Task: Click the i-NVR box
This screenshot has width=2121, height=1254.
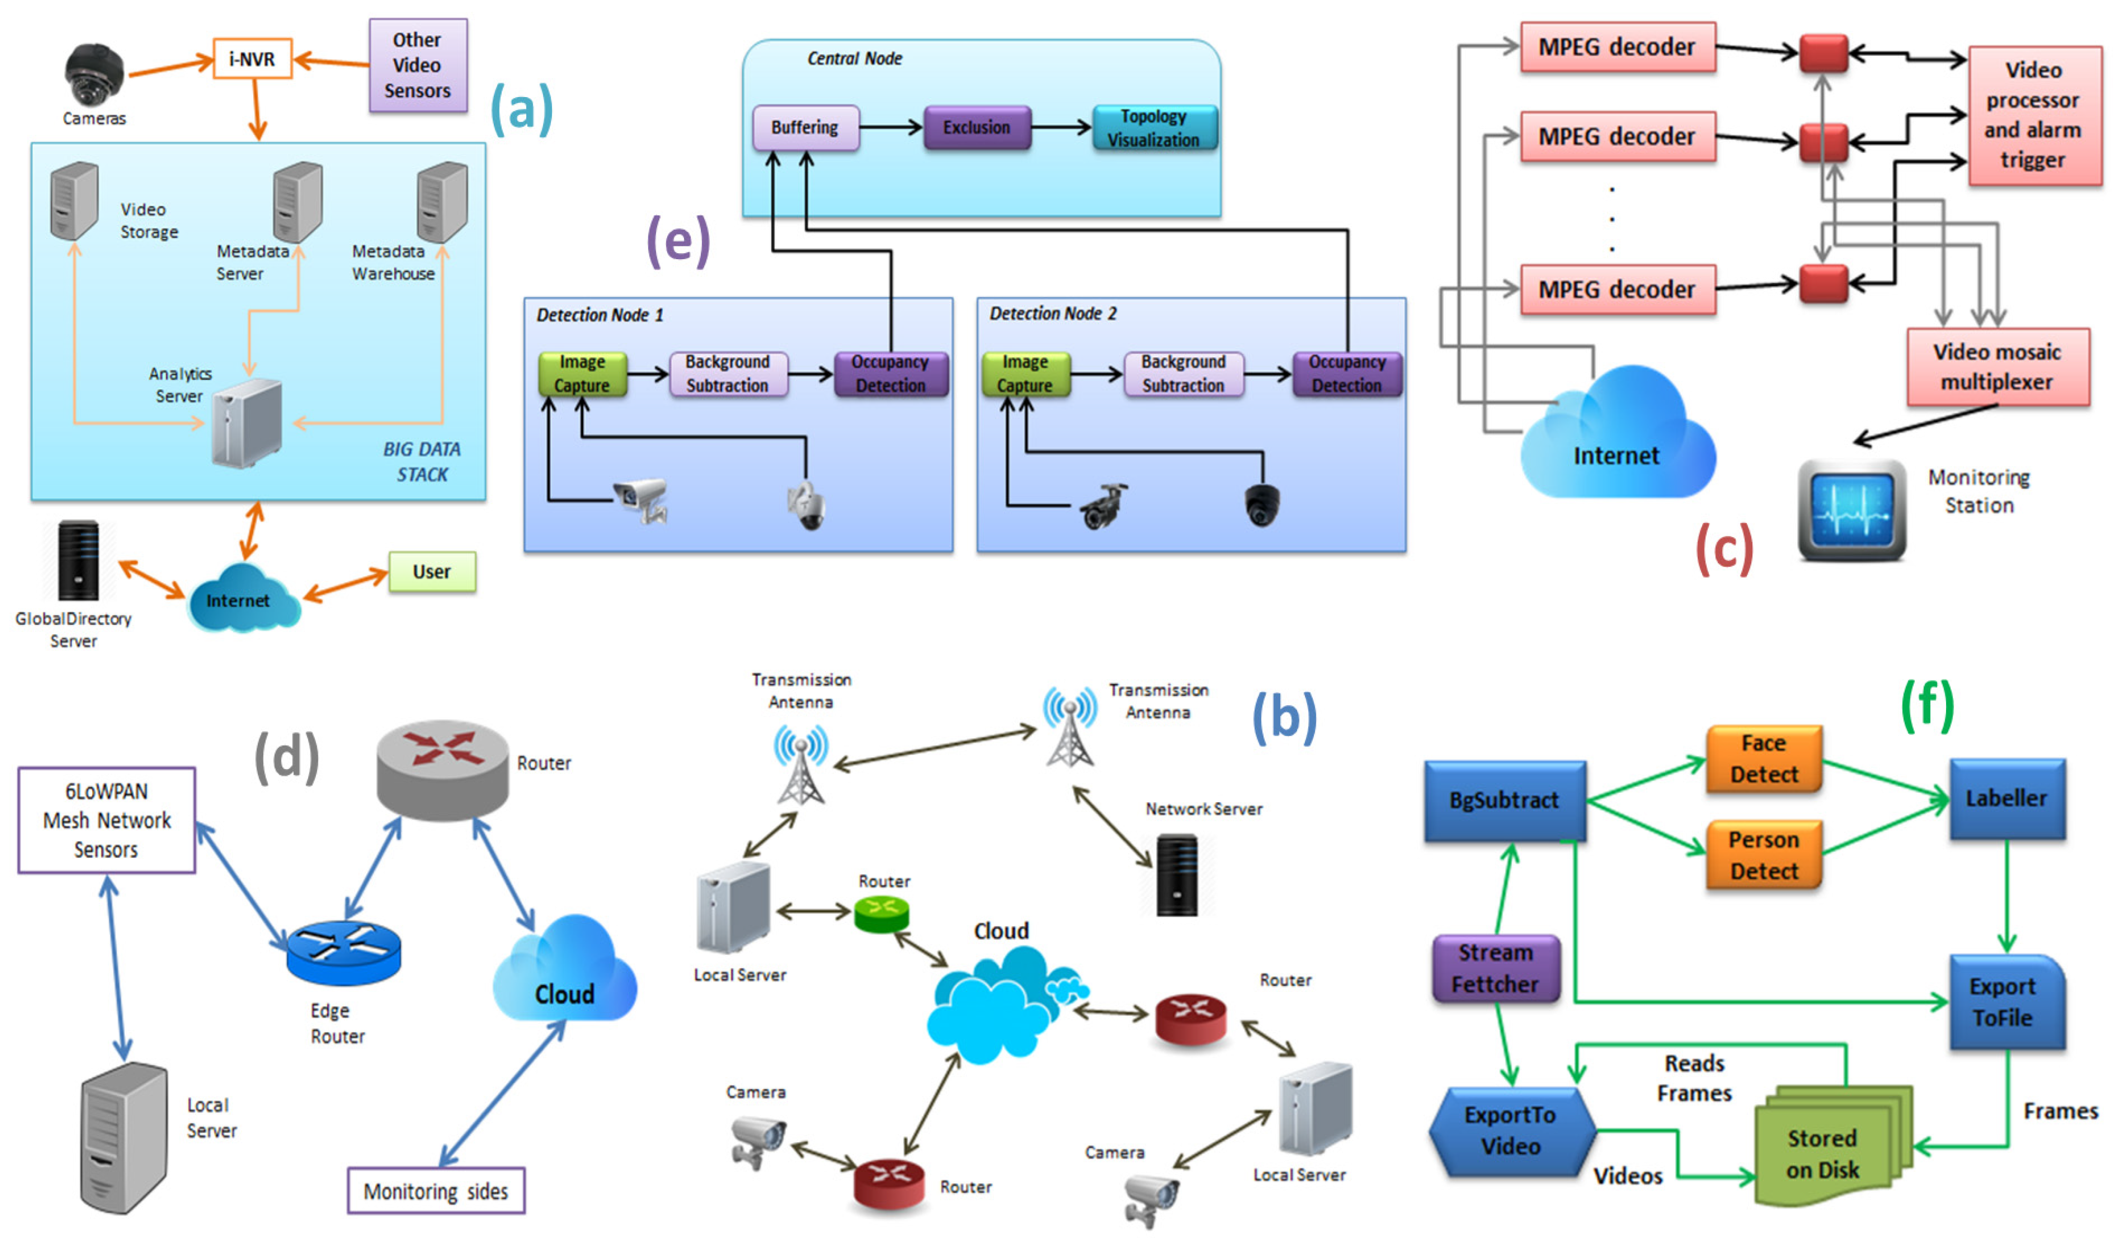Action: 252,59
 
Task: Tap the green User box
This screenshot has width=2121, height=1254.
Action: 432,572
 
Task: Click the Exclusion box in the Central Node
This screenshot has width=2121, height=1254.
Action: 977,128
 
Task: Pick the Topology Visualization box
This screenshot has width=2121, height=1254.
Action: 1154,128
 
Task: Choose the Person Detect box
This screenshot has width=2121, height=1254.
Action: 1764,855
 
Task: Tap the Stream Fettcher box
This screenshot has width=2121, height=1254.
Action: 1496,968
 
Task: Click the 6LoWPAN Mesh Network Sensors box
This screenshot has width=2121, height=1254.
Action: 106,820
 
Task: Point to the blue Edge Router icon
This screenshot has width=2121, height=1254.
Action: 343,952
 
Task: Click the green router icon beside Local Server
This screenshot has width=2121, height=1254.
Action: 881,914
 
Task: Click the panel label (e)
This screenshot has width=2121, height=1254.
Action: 678,241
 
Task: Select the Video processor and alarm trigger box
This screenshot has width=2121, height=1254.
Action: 2033,116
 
